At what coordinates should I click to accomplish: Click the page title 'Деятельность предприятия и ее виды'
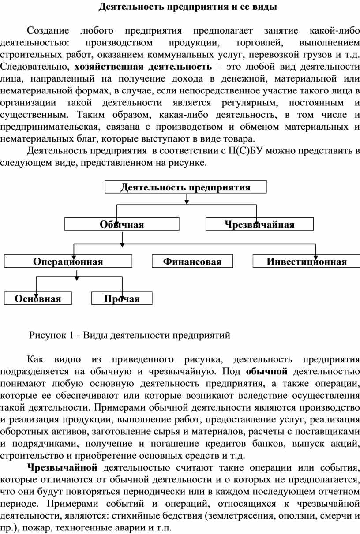point(188,7)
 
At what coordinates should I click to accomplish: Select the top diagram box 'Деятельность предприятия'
point(186,187)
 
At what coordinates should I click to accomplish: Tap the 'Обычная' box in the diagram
point(122,224)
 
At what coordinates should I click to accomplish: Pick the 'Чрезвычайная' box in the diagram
point(259,224)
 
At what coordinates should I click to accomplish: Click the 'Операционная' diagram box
point(68,261)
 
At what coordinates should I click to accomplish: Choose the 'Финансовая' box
point(192,261)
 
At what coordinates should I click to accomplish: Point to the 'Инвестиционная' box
point(307,261)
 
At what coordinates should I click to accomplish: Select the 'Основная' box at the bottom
point(37,298)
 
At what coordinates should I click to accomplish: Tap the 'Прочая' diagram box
point(122,298)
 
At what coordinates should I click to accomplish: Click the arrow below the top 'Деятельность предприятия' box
point(187,199)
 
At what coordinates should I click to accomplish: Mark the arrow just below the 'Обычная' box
point(122,239)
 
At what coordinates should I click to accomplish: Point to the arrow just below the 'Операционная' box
point(77,275)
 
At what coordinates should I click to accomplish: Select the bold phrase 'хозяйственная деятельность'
point(143,67)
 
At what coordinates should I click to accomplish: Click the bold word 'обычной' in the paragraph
point(267,371)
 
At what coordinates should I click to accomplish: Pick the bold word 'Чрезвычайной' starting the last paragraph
point(62,467)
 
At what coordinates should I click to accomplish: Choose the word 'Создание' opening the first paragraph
point(48,31)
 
